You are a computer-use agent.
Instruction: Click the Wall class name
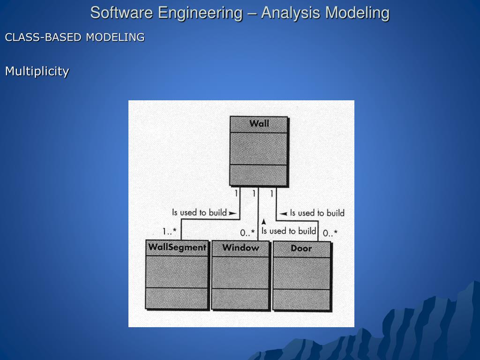click(259, 124)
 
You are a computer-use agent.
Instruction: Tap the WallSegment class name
click(177, 247)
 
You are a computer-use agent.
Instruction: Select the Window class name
click(240, 247)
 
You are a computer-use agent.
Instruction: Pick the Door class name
click(301, 248)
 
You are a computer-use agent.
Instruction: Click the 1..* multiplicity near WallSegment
click(170, 231)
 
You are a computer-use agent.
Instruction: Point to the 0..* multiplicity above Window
click(247, 232)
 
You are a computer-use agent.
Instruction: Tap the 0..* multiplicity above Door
click(330, 232)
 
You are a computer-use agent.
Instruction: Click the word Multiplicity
click(37, 71)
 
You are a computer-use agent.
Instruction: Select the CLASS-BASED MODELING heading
click(75, 37)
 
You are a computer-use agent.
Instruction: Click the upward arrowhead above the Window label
click(264, 221)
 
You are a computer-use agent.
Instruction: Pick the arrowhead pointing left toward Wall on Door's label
click(283, 214)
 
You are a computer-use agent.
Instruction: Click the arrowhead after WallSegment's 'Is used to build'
click(232, 213)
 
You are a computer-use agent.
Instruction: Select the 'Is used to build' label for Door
click(317, 213)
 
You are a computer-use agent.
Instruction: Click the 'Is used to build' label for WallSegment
click(199, 212)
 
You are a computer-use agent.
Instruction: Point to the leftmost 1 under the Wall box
click(237, 193)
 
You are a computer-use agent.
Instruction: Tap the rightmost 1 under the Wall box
click(272, 193)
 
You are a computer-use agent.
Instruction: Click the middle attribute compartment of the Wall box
click(259, 149)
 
